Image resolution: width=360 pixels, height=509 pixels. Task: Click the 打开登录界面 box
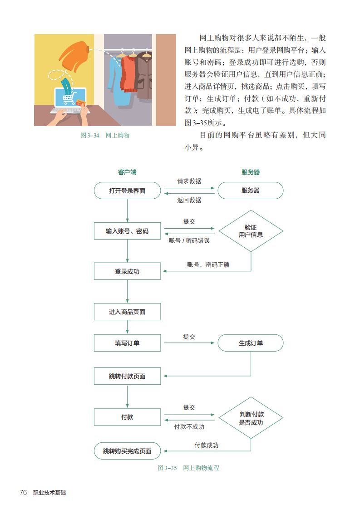pos(128,191)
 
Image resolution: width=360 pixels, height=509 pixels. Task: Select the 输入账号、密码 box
pos(128,231)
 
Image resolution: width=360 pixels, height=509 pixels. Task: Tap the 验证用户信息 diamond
pos(251,231)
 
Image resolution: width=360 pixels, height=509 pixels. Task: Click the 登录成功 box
pos(128,271)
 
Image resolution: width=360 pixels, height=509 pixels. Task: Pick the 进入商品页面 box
pos(128,312)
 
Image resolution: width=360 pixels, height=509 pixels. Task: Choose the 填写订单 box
pos(128,343)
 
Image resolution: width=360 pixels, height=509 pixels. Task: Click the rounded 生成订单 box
pos(251,343)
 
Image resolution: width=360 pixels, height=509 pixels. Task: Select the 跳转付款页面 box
pos(128,376)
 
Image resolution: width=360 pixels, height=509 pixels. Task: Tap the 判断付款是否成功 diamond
pos(251,418)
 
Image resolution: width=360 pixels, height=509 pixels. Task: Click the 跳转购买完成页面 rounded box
pos(128,451)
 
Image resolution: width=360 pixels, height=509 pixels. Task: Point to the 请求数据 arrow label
pos(189,181)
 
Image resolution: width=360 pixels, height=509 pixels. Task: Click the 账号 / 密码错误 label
pos(189,240)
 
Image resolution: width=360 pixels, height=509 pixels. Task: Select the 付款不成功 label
pos(189,426)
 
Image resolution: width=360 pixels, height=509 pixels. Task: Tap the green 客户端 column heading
pos(127,172)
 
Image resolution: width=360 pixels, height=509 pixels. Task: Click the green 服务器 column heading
pos(251,172)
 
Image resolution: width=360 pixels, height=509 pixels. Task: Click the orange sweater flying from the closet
pos(74,55)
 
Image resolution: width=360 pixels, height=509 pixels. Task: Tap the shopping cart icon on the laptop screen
pos(69,98)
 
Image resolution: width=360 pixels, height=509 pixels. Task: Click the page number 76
pos(23,493)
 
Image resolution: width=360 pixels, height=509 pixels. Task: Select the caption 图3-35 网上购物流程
pos(188,468)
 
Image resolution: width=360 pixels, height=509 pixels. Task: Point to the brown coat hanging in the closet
pos(143,77)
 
